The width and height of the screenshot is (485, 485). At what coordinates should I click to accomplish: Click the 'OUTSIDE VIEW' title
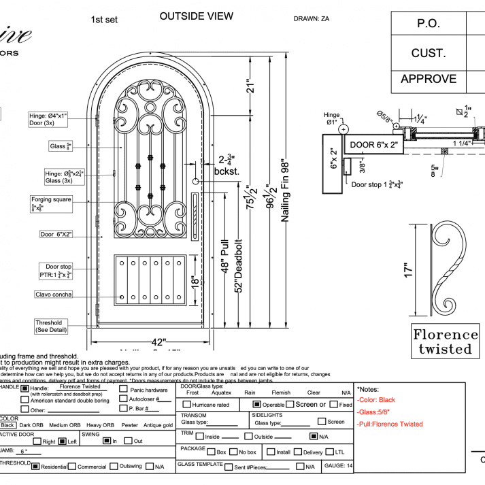click(196, 16)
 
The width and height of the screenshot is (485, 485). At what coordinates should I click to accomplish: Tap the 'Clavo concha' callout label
click(54, 295)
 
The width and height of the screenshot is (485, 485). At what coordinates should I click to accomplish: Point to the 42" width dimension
click(158, 342)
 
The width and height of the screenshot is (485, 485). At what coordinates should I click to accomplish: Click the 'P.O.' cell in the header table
click(428, 23)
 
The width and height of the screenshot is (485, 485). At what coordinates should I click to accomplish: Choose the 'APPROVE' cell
click(428, 79)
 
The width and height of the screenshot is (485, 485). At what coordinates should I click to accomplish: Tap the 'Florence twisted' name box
click(446, 341)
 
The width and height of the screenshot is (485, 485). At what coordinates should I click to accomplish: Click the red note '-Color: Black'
click(376, 400)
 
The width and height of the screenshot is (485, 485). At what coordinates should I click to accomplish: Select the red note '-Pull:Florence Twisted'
click(390, 424)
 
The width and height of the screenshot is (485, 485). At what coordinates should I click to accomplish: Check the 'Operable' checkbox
click(257, 404)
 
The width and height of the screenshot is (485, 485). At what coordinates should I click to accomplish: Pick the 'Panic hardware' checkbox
click(123, 390)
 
